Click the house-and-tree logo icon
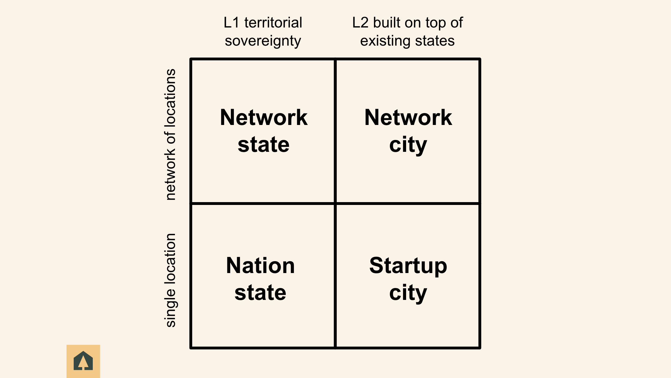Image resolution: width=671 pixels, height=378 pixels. click(x=83, y=361)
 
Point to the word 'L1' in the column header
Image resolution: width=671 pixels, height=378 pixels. click(x=231, y=23)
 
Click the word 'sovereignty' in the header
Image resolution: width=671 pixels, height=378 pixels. click(x=263, y=41)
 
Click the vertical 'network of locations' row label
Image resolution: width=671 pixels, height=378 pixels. click(x=171, y=134)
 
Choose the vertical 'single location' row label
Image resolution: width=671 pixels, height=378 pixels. click(x=171, y=280)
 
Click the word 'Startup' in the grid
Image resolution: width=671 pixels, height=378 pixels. click(x=408, y=266)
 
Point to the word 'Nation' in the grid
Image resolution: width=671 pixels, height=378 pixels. click(x=260, y=266)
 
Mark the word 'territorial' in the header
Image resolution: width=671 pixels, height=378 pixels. click(x=273, y=23)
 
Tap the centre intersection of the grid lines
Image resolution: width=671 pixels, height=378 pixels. click(x=335, y=203)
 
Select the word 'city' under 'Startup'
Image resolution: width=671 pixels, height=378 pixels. click(x=408, y=293)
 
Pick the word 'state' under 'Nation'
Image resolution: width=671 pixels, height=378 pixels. click(x=260, y=293)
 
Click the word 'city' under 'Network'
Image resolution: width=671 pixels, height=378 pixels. click(x=408, y=145)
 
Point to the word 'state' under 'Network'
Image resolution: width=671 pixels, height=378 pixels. click(x=264, y=145)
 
